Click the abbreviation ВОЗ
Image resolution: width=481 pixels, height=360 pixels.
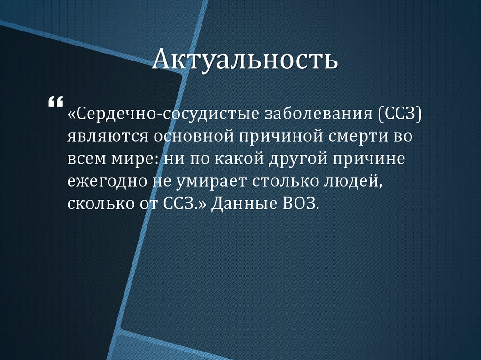(300, 205)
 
